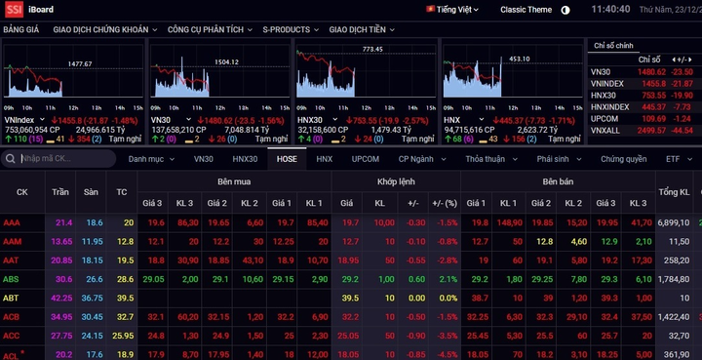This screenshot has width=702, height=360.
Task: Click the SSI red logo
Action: [14, 9]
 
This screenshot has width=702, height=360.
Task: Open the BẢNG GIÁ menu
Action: [20, 30]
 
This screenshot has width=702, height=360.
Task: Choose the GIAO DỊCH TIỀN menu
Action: [358, 30]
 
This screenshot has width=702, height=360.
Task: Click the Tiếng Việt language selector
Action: [456, 9]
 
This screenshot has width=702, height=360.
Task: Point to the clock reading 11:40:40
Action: [612, 9]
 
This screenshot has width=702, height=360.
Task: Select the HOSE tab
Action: [288, 158]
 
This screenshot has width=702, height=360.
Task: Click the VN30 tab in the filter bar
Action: [203, 158]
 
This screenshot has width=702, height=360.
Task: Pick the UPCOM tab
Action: [366, 158]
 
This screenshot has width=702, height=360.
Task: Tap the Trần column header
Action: [62, 191]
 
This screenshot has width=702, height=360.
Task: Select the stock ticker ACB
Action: [12, 317]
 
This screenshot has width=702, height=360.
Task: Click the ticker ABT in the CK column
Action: [11, 298]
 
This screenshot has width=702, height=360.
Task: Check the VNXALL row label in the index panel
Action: [605, 130]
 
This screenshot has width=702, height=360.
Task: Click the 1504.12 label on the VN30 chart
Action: [225, 61]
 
